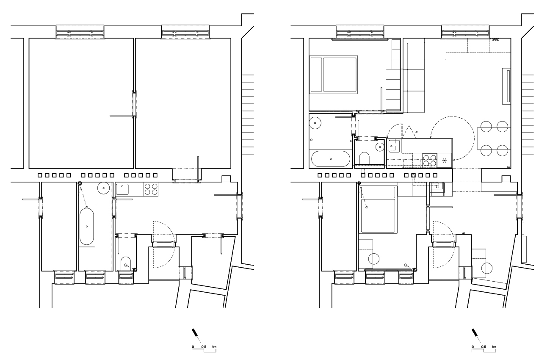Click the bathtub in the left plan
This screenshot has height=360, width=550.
point(87,226)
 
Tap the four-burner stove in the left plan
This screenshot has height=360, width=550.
point(151,189)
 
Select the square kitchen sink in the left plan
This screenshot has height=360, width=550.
point(122,189)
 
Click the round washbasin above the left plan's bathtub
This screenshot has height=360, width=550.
point(104,188)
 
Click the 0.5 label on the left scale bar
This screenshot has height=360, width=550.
point(204,347)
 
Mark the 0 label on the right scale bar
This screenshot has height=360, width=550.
point(473,347)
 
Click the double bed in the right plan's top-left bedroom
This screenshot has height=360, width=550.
point(334,75)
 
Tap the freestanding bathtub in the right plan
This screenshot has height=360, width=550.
point(331,159)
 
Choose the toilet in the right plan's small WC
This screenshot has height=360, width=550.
point(365,158)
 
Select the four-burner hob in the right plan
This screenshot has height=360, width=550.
point(430,161)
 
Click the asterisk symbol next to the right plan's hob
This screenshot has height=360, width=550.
point(445,161)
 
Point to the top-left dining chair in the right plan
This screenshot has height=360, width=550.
point(486,127)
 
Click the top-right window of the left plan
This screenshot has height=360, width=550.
point(185,32)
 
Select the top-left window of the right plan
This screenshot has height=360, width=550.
point(360,32)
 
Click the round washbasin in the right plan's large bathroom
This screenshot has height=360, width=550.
point(315,123)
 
